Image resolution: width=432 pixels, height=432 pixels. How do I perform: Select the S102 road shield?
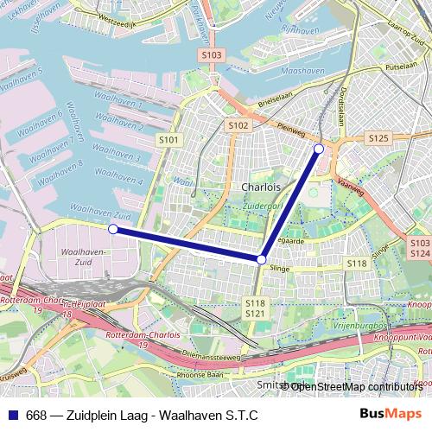point(239,125)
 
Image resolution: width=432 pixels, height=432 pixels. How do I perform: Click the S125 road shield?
point(378,137)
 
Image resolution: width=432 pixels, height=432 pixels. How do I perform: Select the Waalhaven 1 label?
point(118,105)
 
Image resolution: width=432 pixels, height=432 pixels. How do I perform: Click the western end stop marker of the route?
point(113,229)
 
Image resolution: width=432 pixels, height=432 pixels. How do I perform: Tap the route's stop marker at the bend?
point(261,258)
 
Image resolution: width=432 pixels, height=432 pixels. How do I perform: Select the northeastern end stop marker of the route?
point(319,149)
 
